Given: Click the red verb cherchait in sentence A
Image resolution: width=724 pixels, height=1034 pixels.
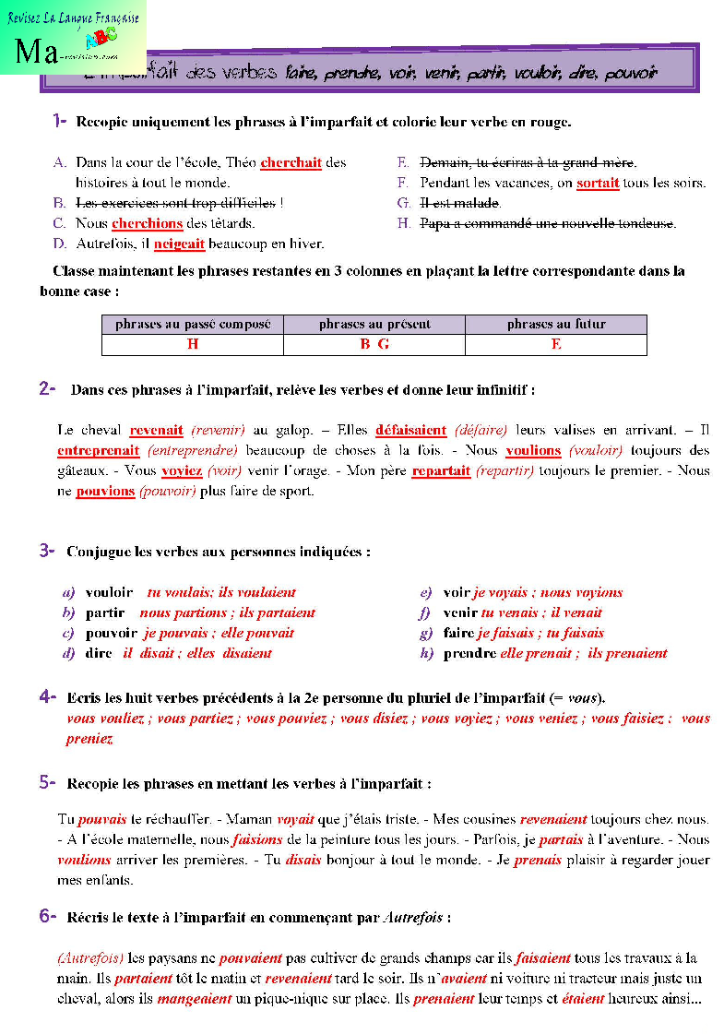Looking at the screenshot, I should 291,163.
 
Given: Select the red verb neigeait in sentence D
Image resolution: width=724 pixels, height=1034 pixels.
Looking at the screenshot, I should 179,244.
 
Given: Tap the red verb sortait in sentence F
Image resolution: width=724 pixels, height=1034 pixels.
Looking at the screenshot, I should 598,184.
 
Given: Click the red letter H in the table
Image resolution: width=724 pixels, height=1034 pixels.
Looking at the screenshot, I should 193,345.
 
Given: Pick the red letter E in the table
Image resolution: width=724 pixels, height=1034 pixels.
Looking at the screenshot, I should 556,345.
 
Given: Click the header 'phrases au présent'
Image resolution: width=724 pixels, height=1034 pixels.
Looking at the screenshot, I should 374,325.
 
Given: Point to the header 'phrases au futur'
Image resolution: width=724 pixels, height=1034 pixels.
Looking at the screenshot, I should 556,325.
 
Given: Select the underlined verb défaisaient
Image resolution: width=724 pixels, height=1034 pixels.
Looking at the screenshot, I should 411,431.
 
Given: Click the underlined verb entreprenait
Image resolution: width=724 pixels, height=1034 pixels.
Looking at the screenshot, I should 99,451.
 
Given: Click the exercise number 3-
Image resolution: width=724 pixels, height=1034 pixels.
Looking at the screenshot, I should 48,552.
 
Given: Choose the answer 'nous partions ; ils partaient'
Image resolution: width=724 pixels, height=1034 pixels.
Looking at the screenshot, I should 228,613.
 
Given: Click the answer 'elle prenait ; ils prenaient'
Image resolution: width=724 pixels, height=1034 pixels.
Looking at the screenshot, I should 584,654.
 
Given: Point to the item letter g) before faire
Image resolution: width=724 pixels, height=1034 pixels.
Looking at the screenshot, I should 425,634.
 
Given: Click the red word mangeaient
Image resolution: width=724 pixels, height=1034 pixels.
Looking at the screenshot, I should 195,999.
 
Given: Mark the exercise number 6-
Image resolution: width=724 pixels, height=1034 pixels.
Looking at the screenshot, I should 48,917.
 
